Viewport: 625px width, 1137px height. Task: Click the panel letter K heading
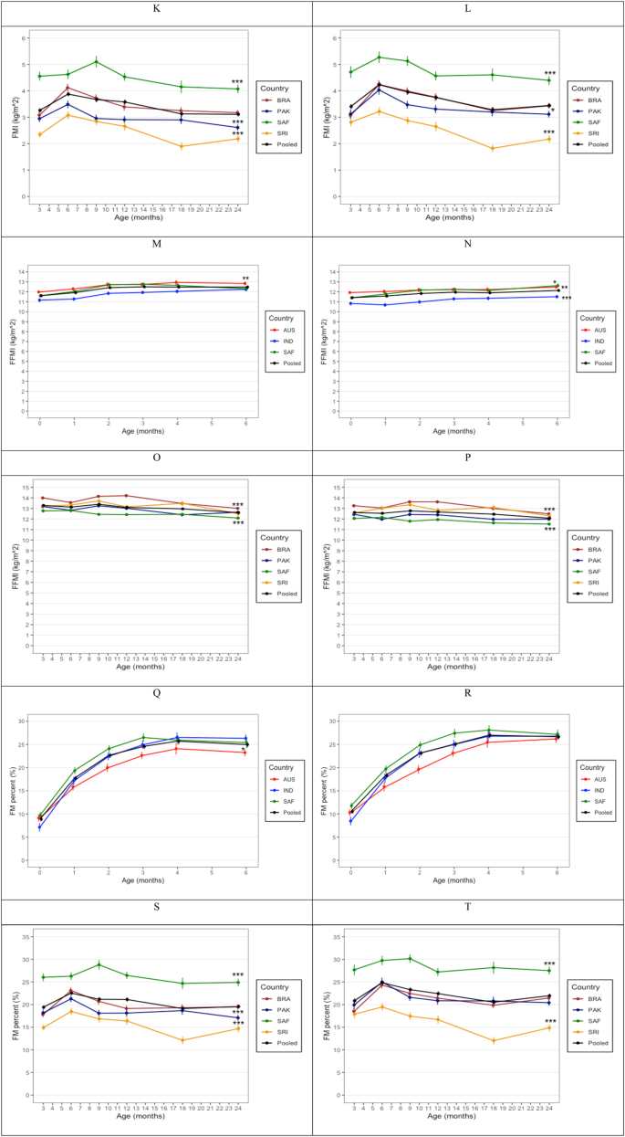pos(156,11)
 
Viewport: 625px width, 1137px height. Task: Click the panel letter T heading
pos(468,915)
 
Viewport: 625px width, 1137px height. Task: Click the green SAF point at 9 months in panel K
pos(97,61)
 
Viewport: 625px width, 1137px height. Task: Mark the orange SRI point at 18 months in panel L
pos(493,148)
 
